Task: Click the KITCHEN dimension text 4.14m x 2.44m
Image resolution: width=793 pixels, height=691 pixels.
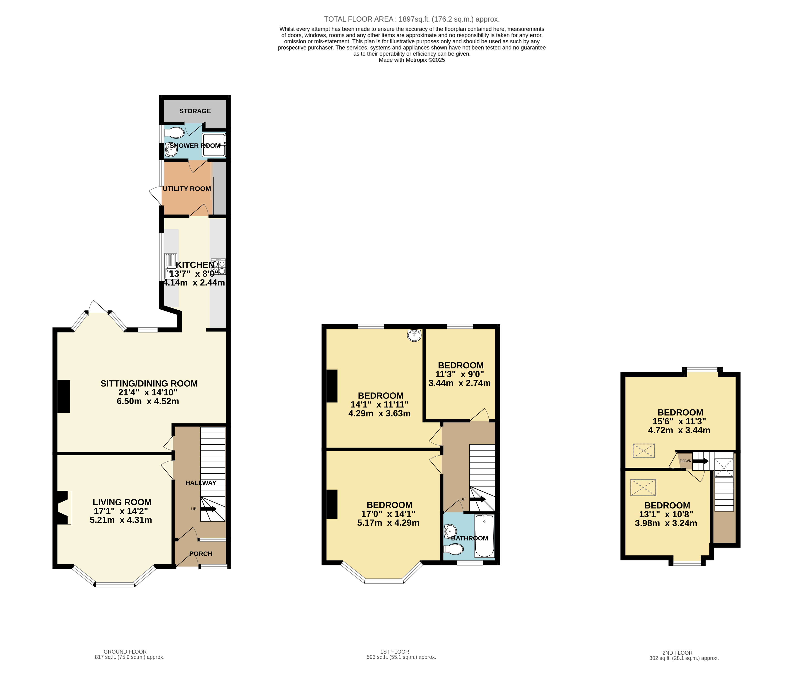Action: click(x=194, y=283)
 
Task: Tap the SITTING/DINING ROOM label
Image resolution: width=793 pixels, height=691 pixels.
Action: click(x=149, y=384)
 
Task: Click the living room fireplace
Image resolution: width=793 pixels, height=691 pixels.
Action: click(x=64, y=507)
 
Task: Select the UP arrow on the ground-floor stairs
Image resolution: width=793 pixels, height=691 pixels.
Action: click(x=208, y=509)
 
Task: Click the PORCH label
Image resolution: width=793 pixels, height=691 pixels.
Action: click(x=201, y=554)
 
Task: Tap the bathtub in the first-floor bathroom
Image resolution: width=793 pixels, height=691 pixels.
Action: click(x=484, y=536)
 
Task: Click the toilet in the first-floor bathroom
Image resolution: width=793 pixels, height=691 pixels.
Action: click(x=453, y=549)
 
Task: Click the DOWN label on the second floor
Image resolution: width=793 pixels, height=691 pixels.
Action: click(x=685, y=461)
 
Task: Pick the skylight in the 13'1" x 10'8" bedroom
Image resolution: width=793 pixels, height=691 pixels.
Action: click(x=643, y=487)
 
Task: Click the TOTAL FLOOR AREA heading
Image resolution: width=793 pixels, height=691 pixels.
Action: click(x=412, y=19)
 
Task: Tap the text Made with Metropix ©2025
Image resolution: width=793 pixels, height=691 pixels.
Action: click(x=412, y=60)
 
